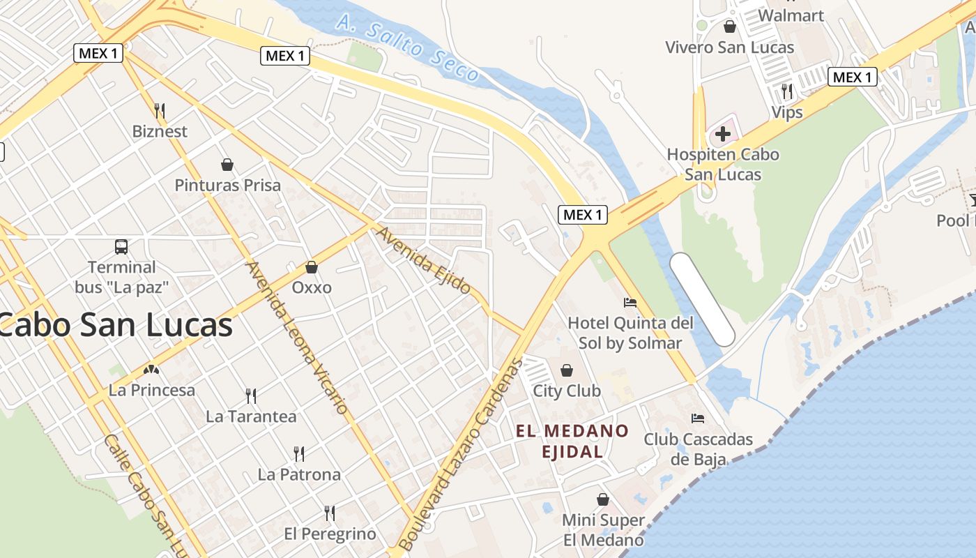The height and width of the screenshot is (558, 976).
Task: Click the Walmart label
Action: tap(791, 15)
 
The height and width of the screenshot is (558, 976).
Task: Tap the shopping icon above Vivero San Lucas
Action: tap(730, 27)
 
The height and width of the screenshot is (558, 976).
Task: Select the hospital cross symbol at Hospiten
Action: tap(723, 133)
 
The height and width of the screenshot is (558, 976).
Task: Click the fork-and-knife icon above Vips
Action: tap(787, 91)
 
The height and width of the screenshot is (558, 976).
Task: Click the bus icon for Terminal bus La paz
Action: tap(121, 246)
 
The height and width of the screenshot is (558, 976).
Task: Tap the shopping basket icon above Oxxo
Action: tap(312, 267)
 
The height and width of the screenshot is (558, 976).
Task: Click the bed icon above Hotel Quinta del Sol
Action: tap(630, 302)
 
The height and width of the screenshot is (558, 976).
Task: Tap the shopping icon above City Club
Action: tap(567, 370)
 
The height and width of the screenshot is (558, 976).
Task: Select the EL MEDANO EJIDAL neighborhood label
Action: tap(572, 441)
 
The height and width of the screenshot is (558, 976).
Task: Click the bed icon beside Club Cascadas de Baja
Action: tap(697, 418)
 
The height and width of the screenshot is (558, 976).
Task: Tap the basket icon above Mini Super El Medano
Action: tap(603, 499)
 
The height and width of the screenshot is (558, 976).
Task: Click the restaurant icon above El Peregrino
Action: tap(330, 513)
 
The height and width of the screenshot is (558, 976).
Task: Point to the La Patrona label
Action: tap(299, 474)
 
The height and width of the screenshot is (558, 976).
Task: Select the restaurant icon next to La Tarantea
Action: tap(251, 396)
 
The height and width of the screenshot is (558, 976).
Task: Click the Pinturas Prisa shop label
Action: tap(227, 186)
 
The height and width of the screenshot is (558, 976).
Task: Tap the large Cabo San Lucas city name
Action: tap(115, 324)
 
